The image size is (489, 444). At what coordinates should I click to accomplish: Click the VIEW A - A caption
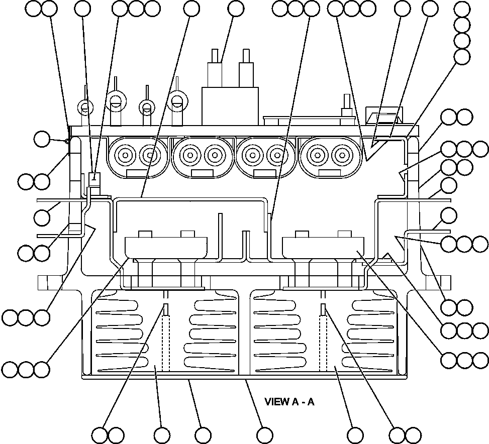289,402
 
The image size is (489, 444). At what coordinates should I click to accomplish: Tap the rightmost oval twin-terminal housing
329,156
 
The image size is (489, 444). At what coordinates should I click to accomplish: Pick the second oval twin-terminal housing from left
202,156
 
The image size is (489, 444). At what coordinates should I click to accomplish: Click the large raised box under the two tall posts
230,106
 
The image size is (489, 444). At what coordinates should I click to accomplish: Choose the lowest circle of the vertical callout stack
462,56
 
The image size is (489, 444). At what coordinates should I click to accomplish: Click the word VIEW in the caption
275,402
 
